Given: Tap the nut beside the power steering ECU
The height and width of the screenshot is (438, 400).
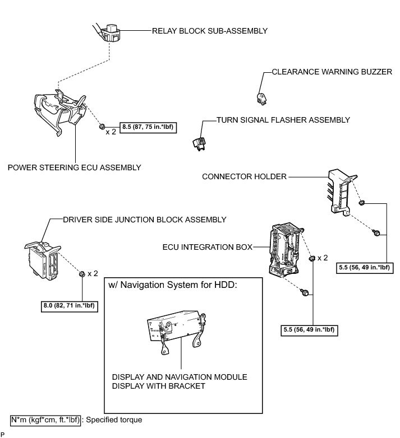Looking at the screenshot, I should (102, 127).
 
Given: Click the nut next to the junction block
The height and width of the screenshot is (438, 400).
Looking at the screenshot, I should (82, 273).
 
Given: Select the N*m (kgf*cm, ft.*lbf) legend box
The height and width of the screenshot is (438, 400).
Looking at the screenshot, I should (45, 419).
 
